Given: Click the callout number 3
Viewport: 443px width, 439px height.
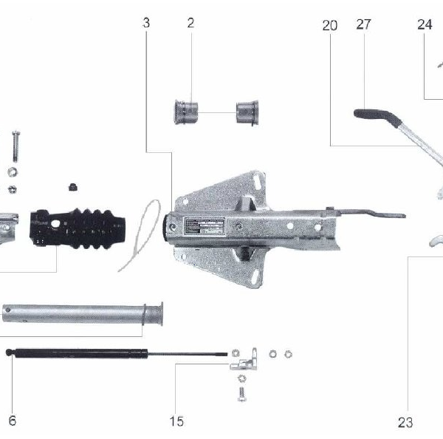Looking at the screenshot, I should [x=146, y=24].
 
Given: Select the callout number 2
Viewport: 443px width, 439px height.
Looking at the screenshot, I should [x=190, y=24].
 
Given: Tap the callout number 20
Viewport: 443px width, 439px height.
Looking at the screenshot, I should [x=329, y=25].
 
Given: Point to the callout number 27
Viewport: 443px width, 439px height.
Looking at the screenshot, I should [x=363, y=25].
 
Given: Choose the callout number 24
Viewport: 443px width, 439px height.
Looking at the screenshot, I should [x=424, y=24].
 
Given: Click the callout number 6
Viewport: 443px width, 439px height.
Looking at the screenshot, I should [x=12, y=421].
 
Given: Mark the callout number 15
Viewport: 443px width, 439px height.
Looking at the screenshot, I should [x=176, y=421].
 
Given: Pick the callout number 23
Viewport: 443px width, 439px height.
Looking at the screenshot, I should [x=405, y=422].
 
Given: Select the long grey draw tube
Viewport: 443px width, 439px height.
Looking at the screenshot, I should [x=81, y=313].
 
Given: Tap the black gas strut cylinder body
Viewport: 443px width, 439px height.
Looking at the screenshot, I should [x=78, y=353].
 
